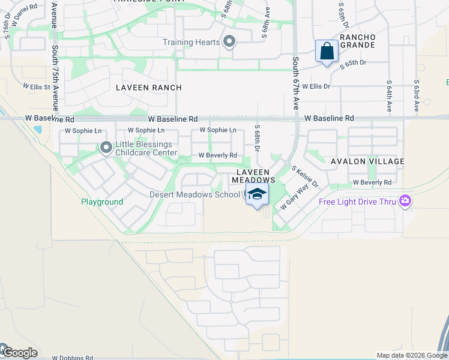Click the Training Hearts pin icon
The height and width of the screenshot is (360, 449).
(x=229, y=42)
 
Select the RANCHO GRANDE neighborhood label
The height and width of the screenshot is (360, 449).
(x=357, y=41)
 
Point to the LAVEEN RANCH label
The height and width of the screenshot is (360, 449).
(x=149, y=88)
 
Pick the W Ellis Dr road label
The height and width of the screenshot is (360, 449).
(x=316, y=86)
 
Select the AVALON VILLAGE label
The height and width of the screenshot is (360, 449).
(x=367, y=161)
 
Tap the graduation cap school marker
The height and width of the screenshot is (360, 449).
(x=257, y=194)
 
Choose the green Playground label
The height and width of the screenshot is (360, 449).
(x=102, y=202)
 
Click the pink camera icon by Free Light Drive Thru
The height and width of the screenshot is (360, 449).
(x=405, y=201)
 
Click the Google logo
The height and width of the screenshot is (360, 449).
(x=19, y=352)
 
